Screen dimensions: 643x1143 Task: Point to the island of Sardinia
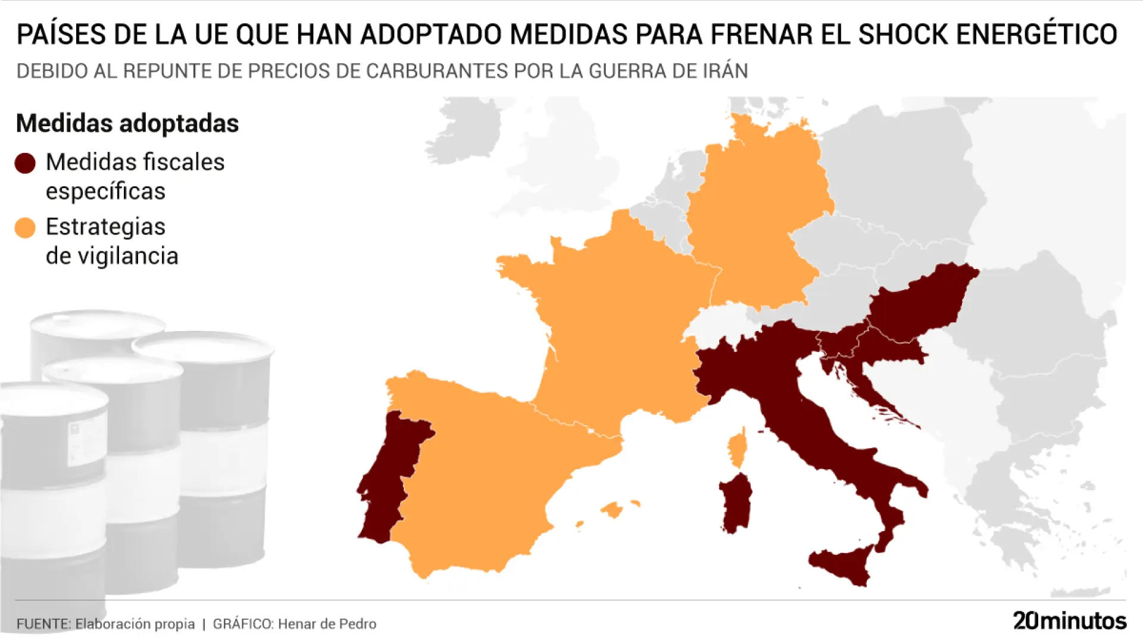pyautogui.click(x=736, y=503)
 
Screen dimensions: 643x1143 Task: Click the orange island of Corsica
pyautogui.click(x=737, y=450)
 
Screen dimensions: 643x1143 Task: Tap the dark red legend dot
pyautogui.click(x=25, y=163)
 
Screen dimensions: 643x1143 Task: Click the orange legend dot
pyautogui.click(x=25, y=227)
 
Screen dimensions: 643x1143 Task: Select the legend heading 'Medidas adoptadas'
pyautogui.click(x=127, y=123)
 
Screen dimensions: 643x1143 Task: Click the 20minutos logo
pyautogui.click(x=1069, y=621)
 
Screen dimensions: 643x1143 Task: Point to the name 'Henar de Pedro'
pyautogui.click(x=327, y=624)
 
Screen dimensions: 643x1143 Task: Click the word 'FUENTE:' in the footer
pyautogui.click(x=43, y=624)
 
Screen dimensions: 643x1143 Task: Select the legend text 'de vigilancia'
pyautogui.click(x=112, y=256)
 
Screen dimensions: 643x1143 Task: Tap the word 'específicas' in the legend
pyautogui.click(x=105, y=191)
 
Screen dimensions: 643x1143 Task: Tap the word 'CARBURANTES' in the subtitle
pyautogui.click(x=437, y=71)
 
